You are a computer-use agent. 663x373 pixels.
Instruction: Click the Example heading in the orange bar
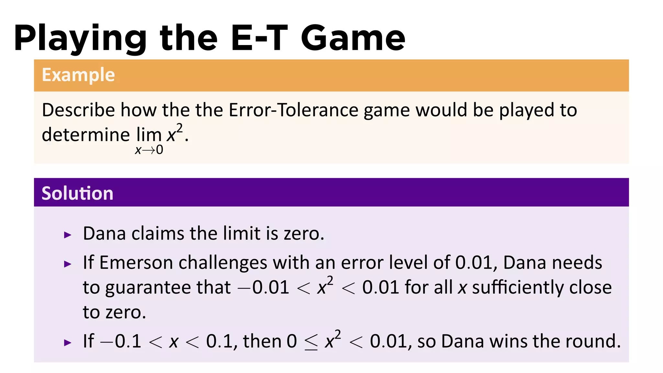pos(78,75)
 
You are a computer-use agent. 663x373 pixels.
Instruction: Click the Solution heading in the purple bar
pos(77,193)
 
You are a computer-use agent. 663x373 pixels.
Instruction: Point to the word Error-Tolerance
pos(293,110)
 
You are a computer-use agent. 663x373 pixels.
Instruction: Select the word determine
pos(86,134)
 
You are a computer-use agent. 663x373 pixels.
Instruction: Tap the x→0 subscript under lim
pos(149,150)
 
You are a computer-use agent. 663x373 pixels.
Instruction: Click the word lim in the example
pos(149,134)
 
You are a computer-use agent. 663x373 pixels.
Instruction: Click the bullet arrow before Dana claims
pos(68,235)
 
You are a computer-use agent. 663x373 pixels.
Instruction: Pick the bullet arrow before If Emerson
pos(68,264)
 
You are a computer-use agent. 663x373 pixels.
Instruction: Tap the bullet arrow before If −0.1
pos(68,343)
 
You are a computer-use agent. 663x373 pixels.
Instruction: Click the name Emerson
pos(136,263)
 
